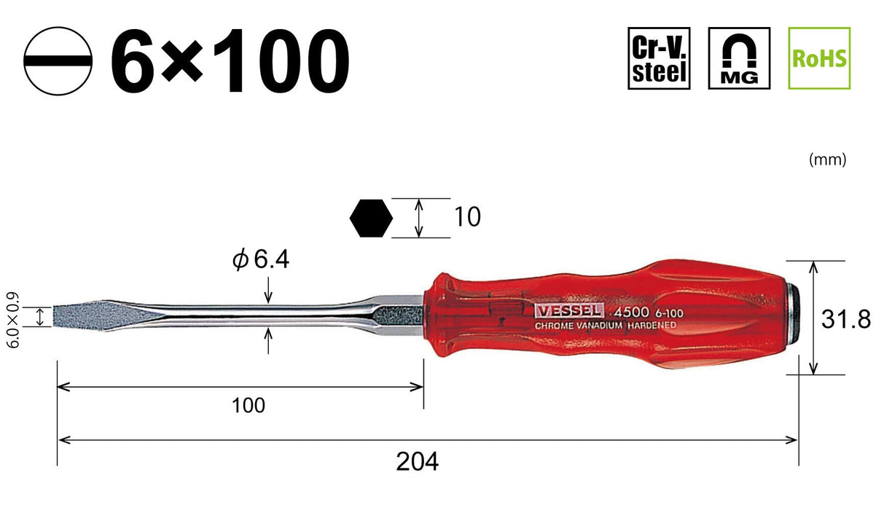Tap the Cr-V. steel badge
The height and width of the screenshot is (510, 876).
pos(659,58)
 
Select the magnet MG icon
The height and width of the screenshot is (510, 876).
pos(739,58)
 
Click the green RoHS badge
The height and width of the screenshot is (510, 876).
pos(820,58)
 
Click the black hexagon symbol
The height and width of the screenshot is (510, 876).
pos(372,218)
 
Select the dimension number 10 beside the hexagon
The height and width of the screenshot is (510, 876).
pos(467,217)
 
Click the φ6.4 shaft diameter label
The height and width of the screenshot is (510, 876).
pos(261,259)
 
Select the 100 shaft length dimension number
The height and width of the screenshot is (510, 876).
pos(249,406)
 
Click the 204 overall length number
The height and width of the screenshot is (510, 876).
pos(418,461)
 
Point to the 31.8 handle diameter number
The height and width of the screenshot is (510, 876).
pos(854,318)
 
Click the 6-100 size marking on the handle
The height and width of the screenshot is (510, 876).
pos(670,312)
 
